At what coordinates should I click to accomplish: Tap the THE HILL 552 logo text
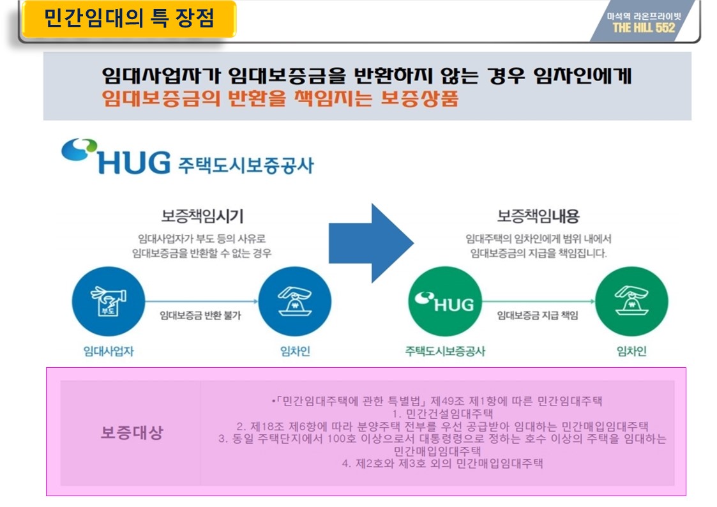[x=643, y=27]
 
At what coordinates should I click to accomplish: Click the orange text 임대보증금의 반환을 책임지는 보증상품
[x=280, y=99]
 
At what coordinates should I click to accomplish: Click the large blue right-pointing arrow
[x=371, y=243]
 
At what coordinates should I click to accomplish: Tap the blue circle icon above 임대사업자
[x=109, y=301]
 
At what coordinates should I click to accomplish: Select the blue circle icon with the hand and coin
[x=294, y=301]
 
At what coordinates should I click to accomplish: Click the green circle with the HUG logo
[x=445, y=301]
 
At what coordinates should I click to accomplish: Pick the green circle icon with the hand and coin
[x=631, y=301]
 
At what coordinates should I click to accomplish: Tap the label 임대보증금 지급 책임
[x=538, y=315]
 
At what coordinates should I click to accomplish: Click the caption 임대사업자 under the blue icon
[x=109, y=351]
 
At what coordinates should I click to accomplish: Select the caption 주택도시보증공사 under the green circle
[x=445, y=351]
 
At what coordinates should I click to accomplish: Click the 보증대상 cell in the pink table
[x=132, y=432]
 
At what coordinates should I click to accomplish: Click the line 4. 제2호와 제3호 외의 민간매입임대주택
[x=442, y=464]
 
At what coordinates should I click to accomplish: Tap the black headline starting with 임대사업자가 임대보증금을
[x=366, y=77]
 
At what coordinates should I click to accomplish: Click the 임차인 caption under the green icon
[x=631, y=351]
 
